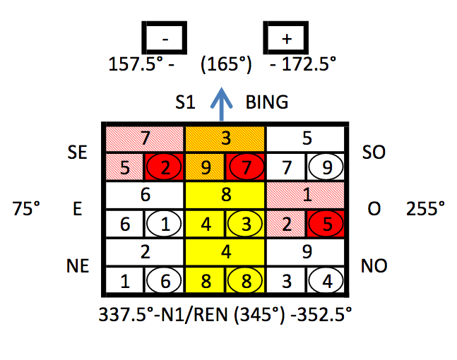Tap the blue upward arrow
tap(222, 104)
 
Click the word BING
tap(267, 102)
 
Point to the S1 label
tap(185, 102)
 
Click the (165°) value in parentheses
tap(226, 64)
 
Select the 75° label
tap(26, 208)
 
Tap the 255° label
tap(425, 208)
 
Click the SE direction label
tap(77, 152)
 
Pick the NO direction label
tap(374, 265)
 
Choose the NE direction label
tap(78, 265)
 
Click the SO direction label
tap(374, 152)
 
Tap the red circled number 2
tap(164, 167)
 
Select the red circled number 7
tap(245, 167)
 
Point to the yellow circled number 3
tap(245, 224)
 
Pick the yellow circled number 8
tap(245, 281)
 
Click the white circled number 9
tap(326, 167)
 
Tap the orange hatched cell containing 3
tap(225, 138)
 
